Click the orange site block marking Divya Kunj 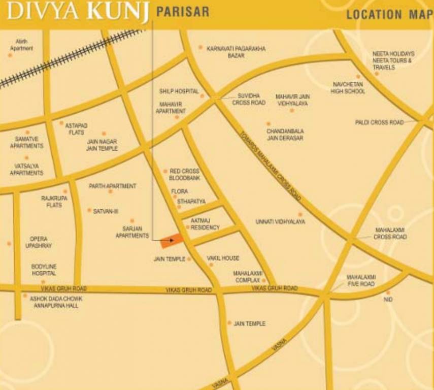click(173, 241)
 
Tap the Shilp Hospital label click(179, 91)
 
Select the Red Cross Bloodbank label click(184, 175)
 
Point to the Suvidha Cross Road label click(249, 99)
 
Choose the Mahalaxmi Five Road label click(361, 280)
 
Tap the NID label click(388, 300)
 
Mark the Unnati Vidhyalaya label click(280, 222)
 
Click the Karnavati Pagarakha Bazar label click(236, 52)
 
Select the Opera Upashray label click(39, 242)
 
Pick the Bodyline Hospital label click(44, 270)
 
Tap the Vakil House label click(223, 258)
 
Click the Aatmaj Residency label click(205, 224)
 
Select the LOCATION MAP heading click(389, 14)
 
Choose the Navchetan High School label click(348, 87)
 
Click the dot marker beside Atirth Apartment click(10, 54)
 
